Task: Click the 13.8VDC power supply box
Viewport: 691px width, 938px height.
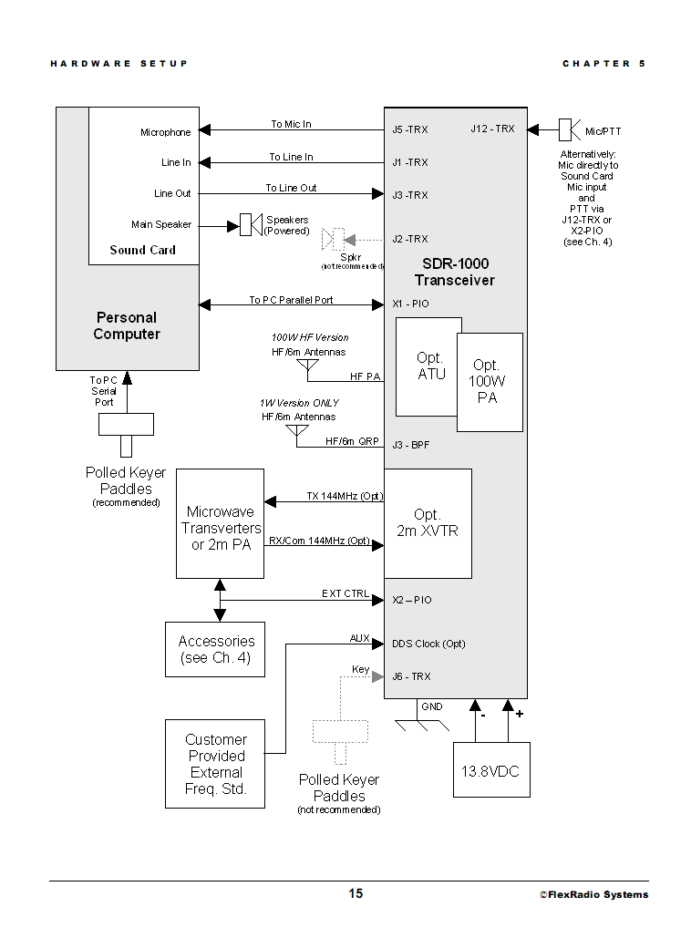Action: tap(491, 770)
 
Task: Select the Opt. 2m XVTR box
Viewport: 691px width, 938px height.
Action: tap(428, 523)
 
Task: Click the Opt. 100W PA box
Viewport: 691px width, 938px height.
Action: tap(490, 382)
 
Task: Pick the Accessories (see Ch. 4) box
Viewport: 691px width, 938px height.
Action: tap(214, 649)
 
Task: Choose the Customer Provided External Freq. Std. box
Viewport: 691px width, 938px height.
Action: tap(214, 764)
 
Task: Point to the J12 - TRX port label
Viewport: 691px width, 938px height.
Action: tap(492, 129)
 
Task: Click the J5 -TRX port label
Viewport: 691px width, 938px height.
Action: tap(409, 129)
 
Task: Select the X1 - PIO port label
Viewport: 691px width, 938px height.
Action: tap(409, 304)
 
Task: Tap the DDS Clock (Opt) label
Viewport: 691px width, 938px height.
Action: tap(428, 644)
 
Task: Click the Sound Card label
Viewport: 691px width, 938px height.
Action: tap(142, 250)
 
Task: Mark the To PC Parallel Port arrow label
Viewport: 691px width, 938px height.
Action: tap(291, 300)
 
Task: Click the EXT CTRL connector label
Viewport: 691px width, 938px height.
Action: tap(345, 593)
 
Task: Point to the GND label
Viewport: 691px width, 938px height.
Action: tap(432, 706)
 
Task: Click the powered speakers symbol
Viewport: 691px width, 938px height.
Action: tap(245, 224)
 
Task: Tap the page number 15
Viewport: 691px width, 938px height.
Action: tap(355, 893)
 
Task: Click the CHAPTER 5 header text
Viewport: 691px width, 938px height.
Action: tap(603, 64)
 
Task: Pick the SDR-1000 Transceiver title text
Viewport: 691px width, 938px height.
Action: tap(455, 272)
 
